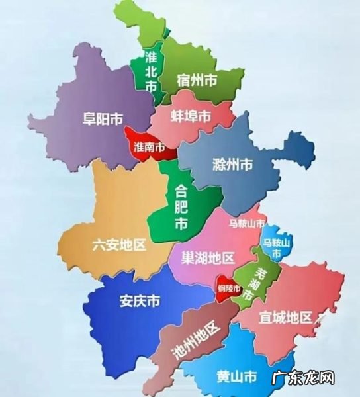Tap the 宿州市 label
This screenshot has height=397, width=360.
coord(197,81)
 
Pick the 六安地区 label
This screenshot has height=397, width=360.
coord(119,246)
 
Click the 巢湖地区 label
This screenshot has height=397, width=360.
coord(208,257)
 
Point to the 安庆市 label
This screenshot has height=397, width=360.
coord(140,302)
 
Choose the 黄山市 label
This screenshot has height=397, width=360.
coord(236,378)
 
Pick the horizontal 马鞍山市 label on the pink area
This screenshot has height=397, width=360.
coord(247,224)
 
